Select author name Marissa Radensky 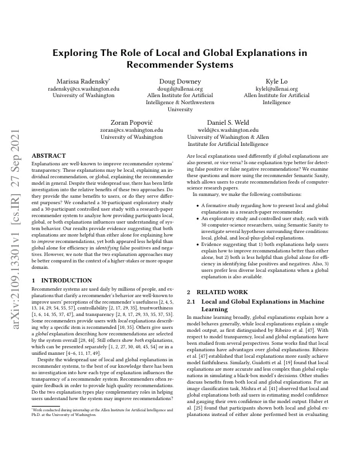tap(83, 81)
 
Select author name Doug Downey tap(180, 81)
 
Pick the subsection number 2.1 tap(191, 302)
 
